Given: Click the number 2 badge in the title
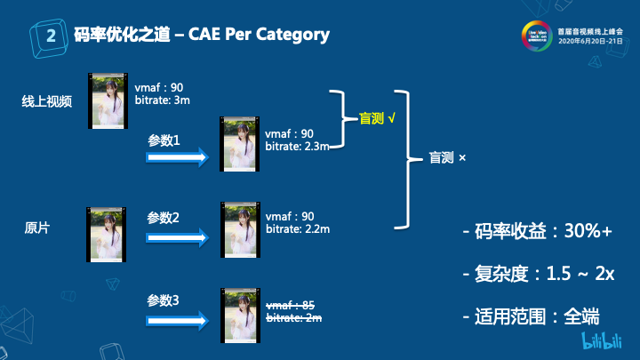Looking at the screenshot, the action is (x=51, y=36).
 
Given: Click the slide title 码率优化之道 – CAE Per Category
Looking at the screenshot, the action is (x=201, y=36).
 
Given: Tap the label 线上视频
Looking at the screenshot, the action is (x=46, y=100).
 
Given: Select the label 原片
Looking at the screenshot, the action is (x=36, y=228).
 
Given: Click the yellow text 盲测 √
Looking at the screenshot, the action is (x=377, y=117).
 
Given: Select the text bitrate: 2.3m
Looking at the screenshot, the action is (x=298, y=146).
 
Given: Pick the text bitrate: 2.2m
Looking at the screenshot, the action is (x=298, y=228).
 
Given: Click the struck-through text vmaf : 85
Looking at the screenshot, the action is (x=292, y=305).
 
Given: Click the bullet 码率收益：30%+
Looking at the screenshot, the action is (x=538, y=233).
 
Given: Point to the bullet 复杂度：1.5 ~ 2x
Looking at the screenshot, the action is (x=538, y=274).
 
